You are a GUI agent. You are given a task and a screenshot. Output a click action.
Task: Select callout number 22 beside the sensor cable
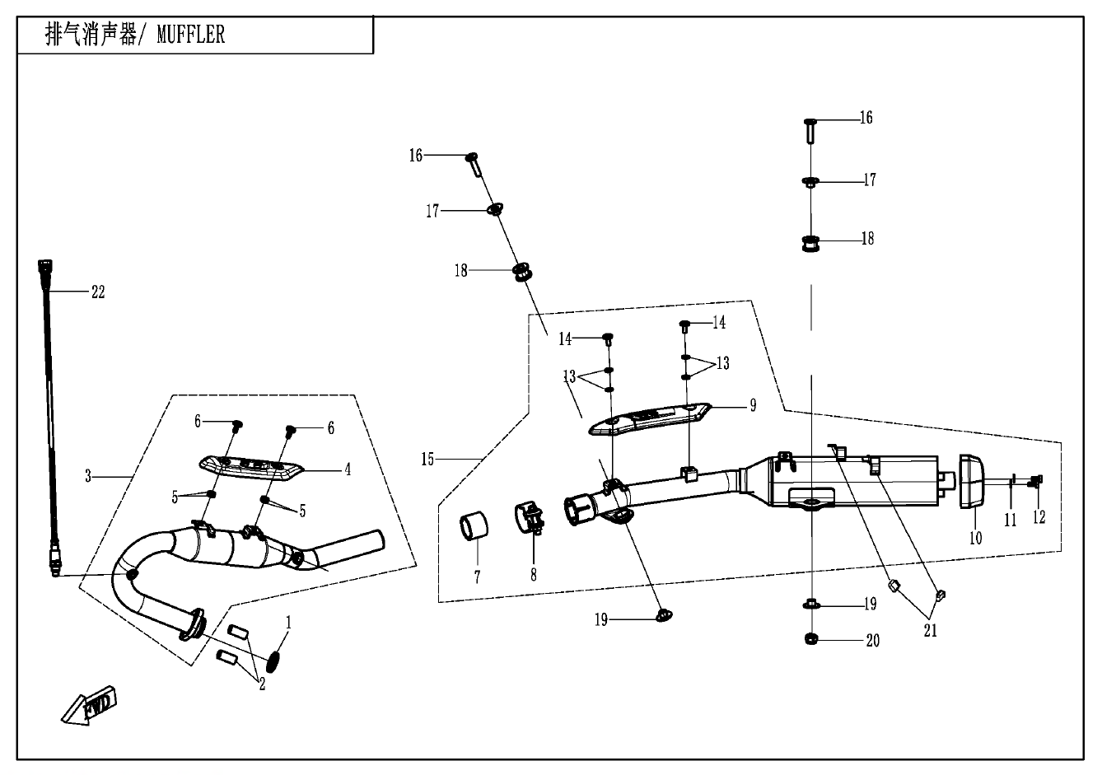98,292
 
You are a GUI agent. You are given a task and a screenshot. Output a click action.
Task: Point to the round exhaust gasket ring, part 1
273,660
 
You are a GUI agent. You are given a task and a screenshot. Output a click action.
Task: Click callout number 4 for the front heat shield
348,469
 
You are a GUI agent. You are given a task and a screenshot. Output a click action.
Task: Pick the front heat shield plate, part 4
250,468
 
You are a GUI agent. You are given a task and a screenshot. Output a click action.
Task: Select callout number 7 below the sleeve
476,576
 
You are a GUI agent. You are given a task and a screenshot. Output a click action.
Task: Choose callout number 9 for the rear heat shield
752,405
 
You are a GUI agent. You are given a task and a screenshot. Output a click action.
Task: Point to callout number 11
1010,520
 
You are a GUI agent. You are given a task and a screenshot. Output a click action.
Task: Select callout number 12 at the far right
1039,518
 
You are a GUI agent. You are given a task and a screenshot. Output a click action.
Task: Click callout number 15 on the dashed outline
427,458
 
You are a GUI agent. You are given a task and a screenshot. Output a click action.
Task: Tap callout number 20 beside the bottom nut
872,640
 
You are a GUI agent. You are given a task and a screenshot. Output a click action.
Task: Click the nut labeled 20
811,638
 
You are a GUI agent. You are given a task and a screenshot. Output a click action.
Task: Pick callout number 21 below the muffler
930,631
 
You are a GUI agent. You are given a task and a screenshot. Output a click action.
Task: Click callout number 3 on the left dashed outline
88,475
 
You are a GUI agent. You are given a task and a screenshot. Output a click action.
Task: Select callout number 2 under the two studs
262,683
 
